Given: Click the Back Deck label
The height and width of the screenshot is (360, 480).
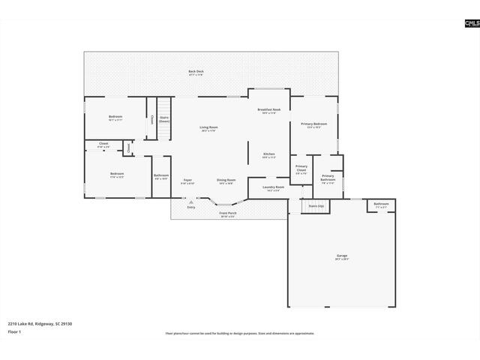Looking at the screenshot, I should click(196, 73).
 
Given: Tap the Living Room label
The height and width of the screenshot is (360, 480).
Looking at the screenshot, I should click(209, 129).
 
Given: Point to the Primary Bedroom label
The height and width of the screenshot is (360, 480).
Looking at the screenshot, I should click(313, 124).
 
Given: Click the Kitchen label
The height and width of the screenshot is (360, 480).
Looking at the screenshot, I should click(268, 155).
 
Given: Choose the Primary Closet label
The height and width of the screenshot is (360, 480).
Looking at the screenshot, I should click(301, 169).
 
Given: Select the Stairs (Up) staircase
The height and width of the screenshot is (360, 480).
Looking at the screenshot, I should click(316, 205).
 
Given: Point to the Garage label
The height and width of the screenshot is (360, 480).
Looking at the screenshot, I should click(341, 257).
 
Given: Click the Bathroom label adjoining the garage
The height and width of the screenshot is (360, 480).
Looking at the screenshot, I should click(381, 205).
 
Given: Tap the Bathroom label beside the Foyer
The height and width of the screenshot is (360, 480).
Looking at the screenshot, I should click(161, 176).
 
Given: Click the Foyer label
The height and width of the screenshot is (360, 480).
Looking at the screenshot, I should click(187, 181).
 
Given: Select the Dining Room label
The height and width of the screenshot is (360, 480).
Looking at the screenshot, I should click(226, 181).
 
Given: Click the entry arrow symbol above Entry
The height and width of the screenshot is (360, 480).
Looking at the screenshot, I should click(191, 202).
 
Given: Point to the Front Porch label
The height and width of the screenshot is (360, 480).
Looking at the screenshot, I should click(229, 214).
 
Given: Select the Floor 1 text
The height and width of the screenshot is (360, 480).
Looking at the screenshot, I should click(14, 331).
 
